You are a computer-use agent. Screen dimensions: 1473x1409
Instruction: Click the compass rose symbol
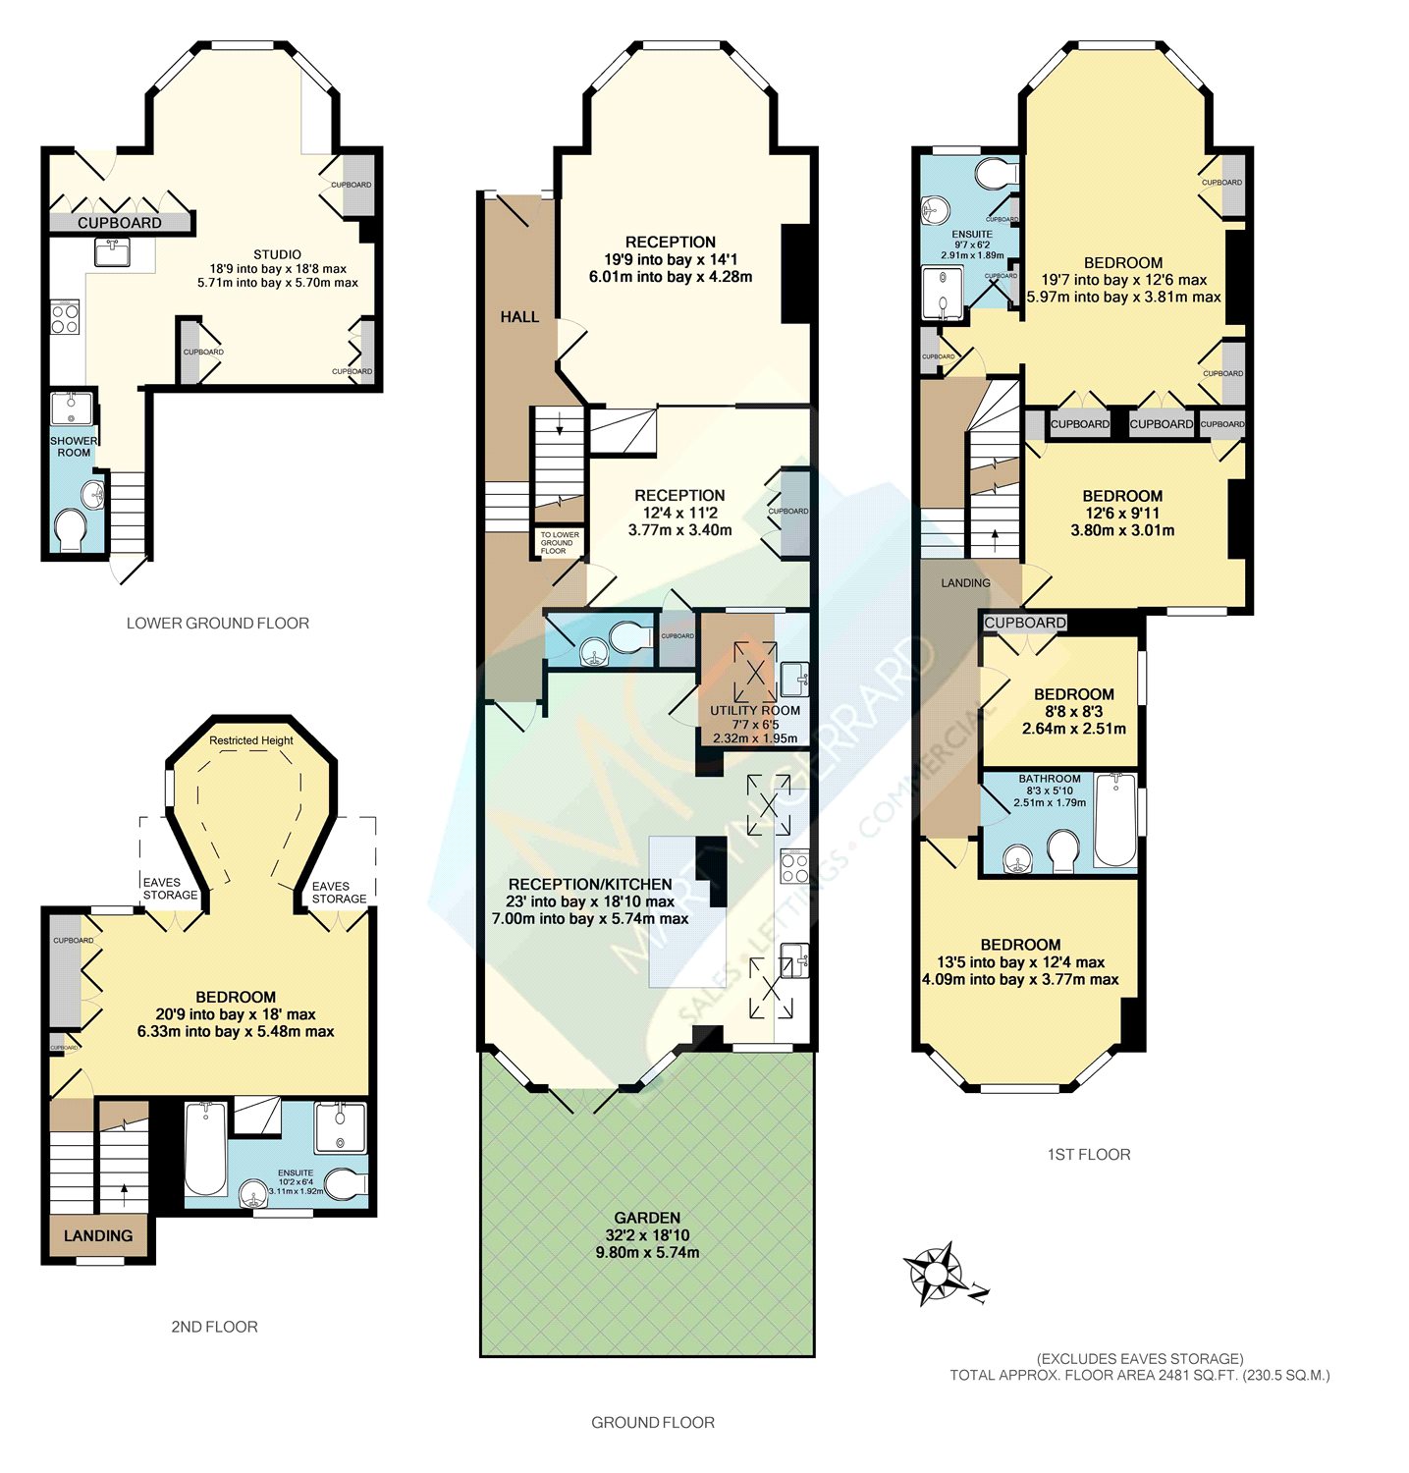935,1274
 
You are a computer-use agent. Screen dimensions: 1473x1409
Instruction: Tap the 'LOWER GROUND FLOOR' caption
218,623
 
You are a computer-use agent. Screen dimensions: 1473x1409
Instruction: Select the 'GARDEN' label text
647,1218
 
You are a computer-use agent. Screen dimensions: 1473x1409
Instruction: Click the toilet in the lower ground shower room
70,530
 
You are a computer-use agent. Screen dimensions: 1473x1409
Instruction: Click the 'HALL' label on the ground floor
519,316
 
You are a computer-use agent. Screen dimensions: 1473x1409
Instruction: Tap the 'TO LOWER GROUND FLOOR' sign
559,543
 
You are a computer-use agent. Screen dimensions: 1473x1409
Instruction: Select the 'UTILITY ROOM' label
755,710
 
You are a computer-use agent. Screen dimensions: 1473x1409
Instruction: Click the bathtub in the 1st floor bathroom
1114,820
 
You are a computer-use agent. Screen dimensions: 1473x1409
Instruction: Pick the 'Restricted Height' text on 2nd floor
251,740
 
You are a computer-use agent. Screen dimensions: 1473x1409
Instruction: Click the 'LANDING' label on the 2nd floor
98,1235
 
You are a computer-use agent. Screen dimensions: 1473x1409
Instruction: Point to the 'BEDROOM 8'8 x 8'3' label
1073,702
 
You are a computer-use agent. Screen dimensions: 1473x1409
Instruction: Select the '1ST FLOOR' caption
1089,1154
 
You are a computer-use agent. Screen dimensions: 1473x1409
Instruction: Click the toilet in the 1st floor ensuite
997,174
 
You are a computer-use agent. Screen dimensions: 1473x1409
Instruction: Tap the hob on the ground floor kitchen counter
793,867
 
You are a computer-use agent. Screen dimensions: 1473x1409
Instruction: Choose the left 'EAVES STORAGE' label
169,889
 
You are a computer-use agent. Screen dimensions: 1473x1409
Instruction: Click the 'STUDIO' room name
277,254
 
